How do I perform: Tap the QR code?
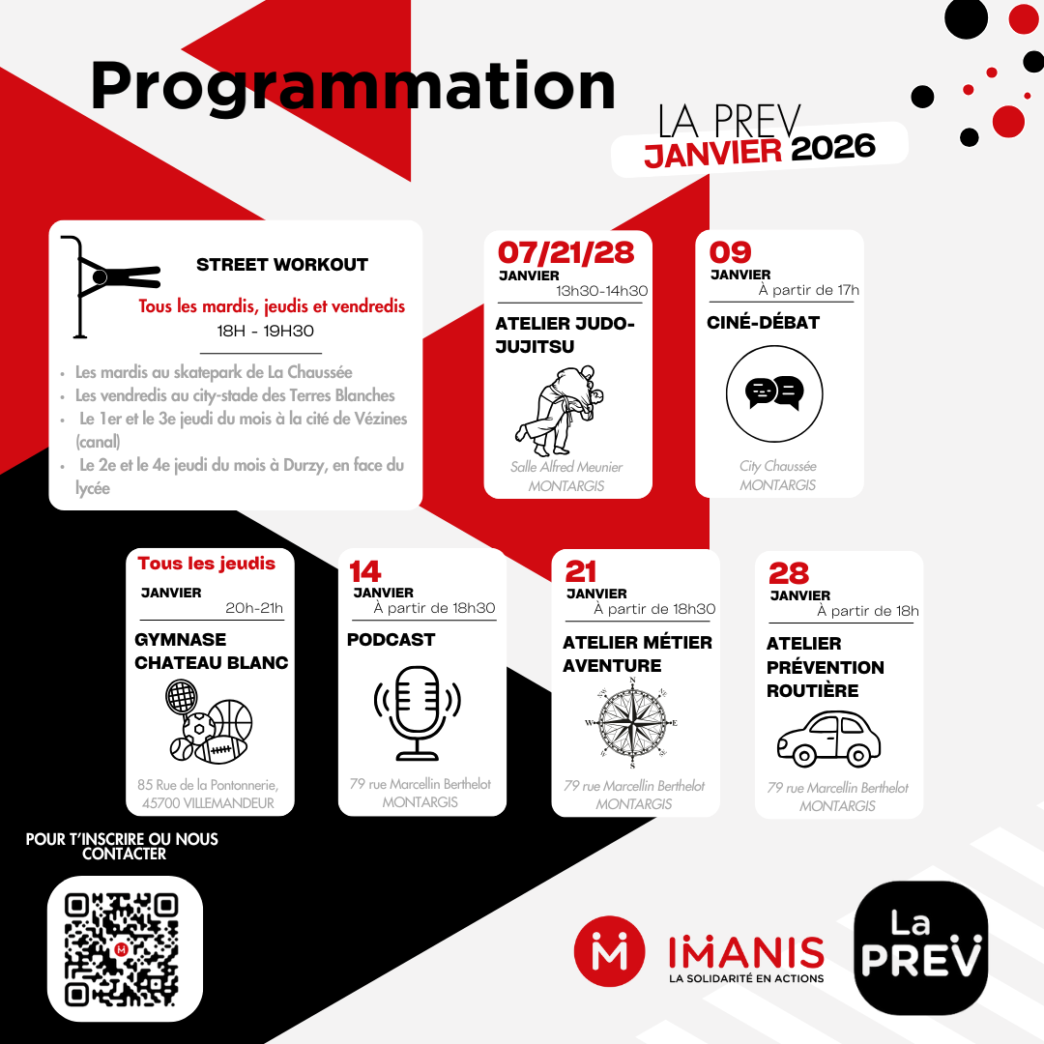point(121,949)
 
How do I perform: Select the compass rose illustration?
point(632,723)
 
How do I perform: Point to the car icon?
point(829,739)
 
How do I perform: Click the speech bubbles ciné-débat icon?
point(774,393)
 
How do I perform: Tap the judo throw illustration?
point(560,410)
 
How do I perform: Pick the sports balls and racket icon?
point(209,721)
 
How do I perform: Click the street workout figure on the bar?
point(110,286)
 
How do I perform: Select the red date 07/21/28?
point(565,253)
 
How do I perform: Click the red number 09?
point(730,252)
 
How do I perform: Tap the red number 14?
point(364,572)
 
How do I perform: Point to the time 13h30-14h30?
point(602,291)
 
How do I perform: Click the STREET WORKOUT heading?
point(282,265)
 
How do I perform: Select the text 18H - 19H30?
point(265,331)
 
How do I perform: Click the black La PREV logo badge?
point(921,948)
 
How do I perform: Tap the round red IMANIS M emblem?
point(609,951)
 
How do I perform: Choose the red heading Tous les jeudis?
point(207,564)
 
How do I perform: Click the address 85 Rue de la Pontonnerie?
point(208,785)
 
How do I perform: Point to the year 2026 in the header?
point(833,147)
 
